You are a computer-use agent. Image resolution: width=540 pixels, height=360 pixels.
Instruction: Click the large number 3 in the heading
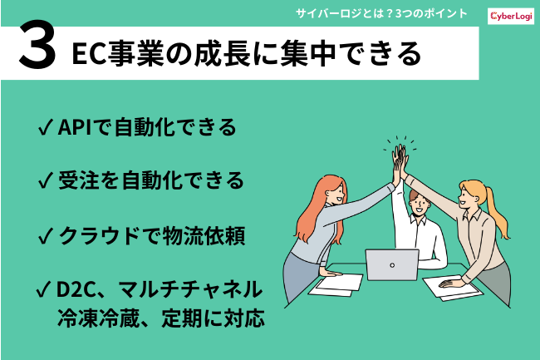pyautogui.click(x=37, y=44)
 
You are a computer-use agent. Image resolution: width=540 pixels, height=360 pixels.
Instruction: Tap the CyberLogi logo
pyautogui.click(x=511, y=16)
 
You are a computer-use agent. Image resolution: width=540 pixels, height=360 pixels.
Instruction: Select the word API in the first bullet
pyautogui.click(x=75, y=126)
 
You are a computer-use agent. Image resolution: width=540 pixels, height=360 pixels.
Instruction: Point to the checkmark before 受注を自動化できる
pyautogui.click(x=46, y=180)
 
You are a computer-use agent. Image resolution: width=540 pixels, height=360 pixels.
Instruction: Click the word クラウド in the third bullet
pyautogui.click(x=100, y=235)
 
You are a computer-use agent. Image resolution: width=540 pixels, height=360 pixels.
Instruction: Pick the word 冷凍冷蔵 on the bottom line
pyautogui.click(x=98, y=318)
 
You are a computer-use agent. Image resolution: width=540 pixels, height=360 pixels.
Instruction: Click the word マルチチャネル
pyautogui.click(x=190, y=289)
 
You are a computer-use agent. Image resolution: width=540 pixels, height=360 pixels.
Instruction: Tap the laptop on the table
pyautogui.click(x=392, y=264)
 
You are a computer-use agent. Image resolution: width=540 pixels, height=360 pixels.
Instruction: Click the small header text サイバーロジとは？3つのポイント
pyautogui.click(x=381, y=14)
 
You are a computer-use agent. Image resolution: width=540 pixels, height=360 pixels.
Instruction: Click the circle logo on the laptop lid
pyautogui.click(x=392, y=265)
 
